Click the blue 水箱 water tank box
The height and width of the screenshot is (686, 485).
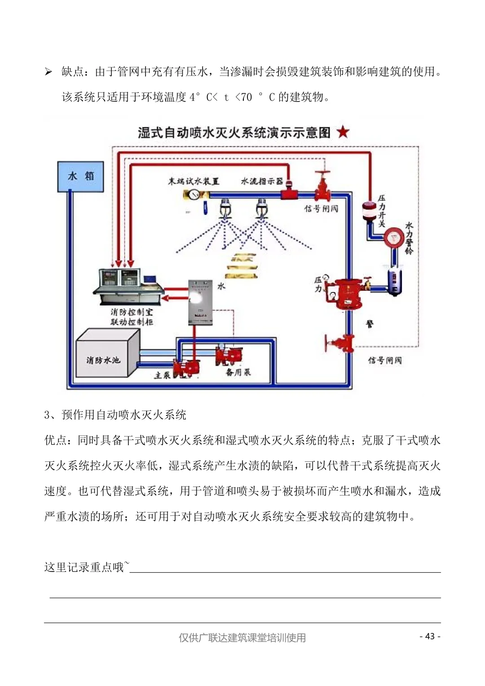click(81, 176)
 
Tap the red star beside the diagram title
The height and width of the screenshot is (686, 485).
click(343, 132)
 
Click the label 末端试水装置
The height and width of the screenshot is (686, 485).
click(194, 181)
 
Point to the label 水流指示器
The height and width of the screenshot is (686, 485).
click(262, 181)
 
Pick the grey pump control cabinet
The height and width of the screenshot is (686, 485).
click(200, 302)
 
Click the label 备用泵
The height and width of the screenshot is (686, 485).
click(238, 372)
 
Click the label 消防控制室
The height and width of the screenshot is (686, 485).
click(132, 312)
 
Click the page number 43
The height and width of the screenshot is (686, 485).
click(430, 636)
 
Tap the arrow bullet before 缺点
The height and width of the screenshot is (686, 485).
click(48, 72)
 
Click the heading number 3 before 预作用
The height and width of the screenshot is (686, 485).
click(47, 415)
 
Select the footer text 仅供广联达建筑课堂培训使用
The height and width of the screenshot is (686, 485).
click(242, 637)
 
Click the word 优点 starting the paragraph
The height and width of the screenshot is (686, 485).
click(55, 440)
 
